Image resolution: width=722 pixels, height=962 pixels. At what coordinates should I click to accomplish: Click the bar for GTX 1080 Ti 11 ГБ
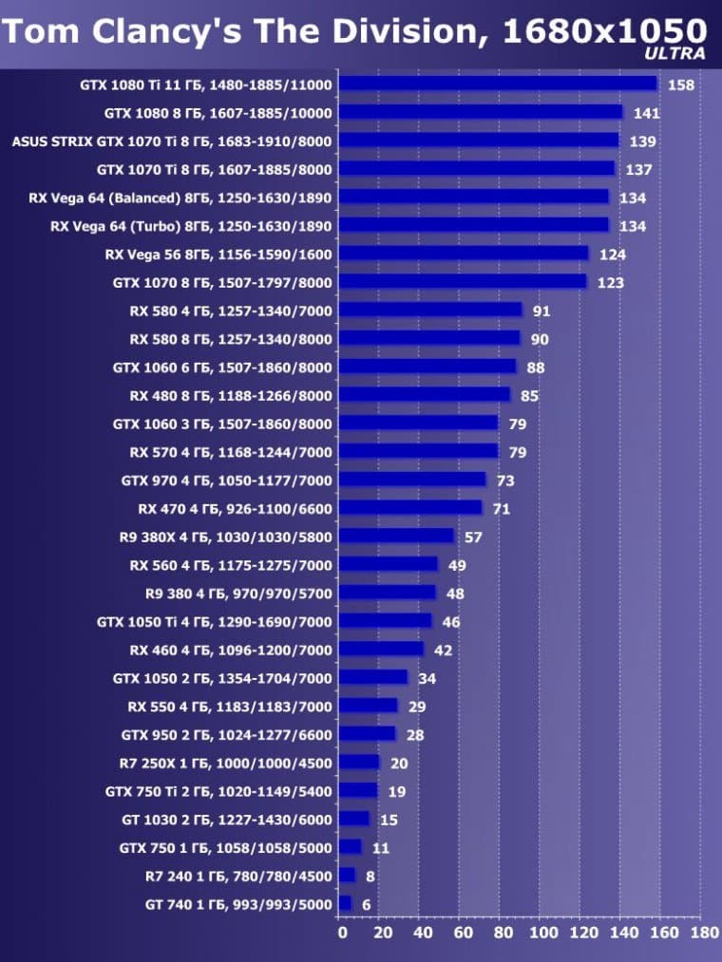[498, 84]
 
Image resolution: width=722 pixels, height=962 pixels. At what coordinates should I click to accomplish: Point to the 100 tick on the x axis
[543, 933]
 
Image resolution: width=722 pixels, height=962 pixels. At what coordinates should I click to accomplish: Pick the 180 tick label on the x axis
[704, 933]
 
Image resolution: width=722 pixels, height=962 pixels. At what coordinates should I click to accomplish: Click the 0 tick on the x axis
[342, 933]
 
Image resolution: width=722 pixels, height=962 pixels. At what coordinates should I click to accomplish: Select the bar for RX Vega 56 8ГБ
[464, 254]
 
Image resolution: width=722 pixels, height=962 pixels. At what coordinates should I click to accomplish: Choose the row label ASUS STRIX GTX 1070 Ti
[172, 141]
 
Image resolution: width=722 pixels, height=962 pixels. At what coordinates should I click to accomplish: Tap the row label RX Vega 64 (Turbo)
[191, 226]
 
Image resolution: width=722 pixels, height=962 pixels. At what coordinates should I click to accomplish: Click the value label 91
[541, 311]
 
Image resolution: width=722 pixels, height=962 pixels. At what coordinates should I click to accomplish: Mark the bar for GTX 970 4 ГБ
[412, 480]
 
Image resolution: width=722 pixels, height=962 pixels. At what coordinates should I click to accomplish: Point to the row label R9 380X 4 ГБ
[226, 537]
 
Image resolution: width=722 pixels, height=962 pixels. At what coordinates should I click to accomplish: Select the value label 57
[472, 538]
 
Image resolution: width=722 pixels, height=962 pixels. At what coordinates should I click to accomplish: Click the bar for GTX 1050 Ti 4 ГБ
[386, 621]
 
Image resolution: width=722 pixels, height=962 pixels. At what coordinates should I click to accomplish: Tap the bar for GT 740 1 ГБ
[345, 903]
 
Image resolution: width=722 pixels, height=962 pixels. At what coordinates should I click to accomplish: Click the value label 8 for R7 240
[370, 876]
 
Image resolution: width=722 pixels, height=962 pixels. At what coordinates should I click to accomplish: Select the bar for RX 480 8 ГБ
[425, 394]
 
